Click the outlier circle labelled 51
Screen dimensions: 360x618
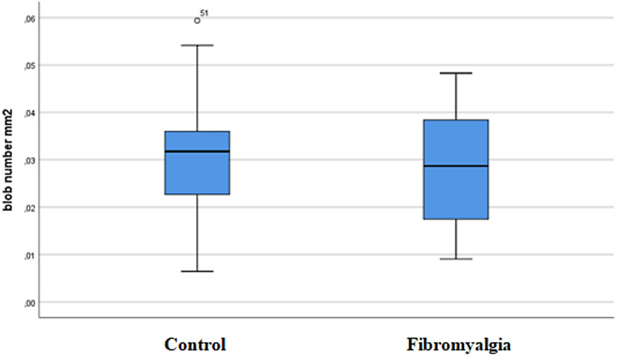[197, 20]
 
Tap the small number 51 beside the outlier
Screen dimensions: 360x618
[205, 13]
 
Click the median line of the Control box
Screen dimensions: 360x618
[197, 152]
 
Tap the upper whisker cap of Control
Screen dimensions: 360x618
[197, 45]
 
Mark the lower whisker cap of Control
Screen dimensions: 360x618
[197, 271]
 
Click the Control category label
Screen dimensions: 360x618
[195, 342]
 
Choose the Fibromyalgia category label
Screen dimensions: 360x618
[458, 342]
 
